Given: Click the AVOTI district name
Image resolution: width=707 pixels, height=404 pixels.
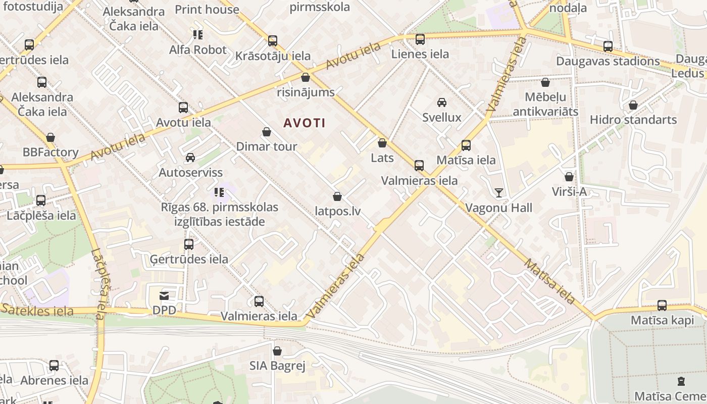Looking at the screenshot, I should point(304,123).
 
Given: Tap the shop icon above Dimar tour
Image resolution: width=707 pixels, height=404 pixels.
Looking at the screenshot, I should point(267,132).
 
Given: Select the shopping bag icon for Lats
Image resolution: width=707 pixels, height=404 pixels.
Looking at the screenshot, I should point(382,143).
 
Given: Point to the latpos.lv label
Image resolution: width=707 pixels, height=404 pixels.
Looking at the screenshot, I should point(337,211).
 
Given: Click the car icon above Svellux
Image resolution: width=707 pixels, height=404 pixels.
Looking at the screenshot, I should point(442,103).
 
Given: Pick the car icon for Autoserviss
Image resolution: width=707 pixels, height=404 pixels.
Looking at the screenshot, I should point(190,158).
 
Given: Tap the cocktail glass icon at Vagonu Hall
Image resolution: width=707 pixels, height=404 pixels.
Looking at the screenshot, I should point(499,192).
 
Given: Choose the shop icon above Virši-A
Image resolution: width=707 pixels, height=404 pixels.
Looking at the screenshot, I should point(569,177).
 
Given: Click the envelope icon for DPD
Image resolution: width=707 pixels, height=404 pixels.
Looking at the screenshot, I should point(165,296).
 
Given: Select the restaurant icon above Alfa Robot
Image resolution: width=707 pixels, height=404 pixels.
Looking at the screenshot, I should point(197,35).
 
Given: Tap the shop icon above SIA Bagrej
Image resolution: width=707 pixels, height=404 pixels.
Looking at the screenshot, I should point(277,351).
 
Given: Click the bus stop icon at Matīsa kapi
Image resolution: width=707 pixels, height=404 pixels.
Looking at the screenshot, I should point(662,306).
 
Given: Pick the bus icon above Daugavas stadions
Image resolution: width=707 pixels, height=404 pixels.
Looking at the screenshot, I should point(608,46).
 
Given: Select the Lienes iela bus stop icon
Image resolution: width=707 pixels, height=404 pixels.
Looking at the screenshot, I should point(420,39).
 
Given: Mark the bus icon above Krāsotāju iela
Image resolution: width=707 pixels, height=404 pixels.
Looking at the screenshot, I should point(273,41).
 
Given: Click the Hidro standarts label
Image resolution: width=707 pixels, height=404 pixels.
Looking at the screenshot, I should point(633,120).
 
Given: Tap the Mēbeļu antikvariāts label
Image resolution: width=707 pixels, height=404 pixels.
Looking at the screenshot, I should point(545,104).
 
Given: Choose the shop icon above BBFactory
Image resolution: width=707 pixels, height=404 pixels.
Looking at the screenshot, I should point(50,138).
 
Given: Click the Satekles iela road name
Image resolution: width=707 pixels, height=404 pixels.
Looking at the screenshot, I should point(38,311).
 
